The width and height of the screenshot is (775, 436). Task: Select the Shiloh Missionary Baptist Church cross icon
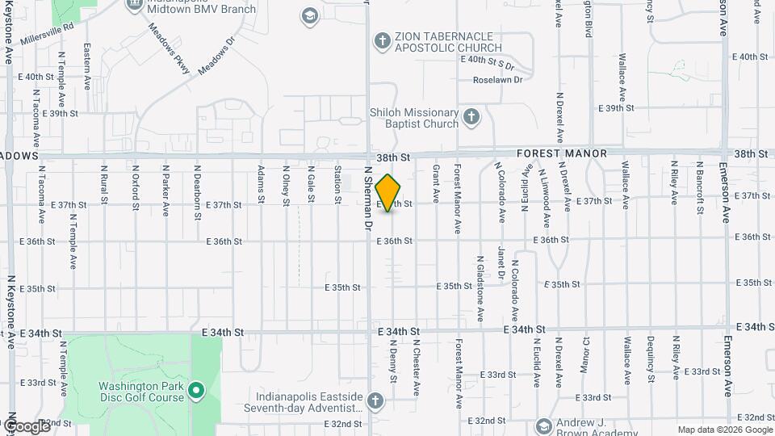click(x=472, y=118)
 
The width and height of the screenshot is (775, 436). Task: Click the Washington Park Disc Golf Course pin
click(x=195, y=392)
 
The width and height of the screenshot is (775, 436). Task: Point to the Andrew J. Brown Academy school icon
click(x=544, y=426)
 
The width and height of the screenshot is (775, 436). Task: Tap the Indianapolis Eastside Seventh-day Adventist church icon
click(x=374, y=401)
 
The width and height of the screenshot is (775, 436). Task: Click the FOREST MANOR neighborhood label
click(x=561, y=153)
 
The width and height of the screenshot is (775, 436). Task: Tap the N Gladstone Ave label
click(x=480, y=287)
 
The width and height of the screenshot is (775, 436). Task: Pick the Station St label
click(x=338, y=184)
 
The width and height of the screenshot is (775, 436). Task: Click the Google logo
click(x=27, y=426)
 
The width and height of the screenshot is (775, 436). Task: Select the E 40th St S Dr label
click(x=488, y=60)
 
